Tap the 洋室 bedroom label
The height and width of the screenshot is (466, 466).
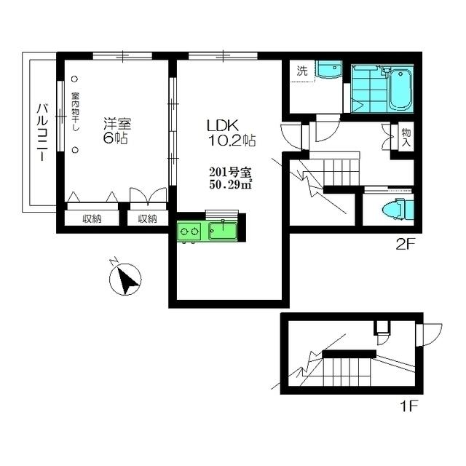pos(117,124)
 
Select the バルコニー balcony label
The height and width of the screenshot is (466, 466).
pos(42,133)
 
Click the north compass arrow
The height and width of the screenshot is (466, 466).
pos(125,279)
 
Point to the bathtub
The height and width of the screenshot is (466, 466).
pos(400,90)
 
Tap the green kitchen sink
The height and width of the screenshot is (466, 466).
pos(223,231)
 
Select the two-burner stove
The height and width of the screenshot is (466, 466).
pos(189,231)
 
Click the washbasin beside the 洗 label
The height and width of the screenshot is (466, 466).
pos(329,69)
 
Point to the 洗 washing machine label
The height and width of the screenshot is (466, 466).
pos(302,71)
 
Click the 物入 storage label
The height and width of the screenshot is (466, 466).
pos(406,138)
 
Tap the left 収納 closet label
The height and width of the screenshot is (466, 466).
pos(92,219)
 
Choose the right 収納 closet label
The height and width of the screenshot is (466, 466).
pos(147,219)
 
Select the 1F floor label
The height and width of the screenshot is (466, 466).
pos(410,406)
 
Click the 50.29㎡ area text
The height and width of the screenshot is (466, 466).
pos(231,184)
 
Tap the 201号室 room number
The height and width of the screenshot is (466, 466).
pos(231,172)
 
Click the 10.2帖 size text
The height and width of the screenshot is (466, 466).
pos(232,141)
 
